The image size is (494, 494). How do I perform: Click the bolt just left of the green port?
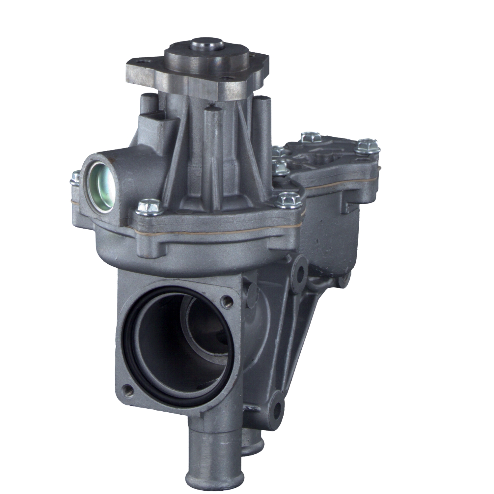click(75, 178)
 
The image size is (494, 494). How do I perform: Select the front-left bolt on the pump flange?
click(149, 207)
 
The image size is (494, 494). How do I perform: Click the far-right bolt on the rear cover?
click(368, 146)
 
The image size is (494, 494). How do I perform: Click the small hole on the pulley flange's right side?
click(225, 79)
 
